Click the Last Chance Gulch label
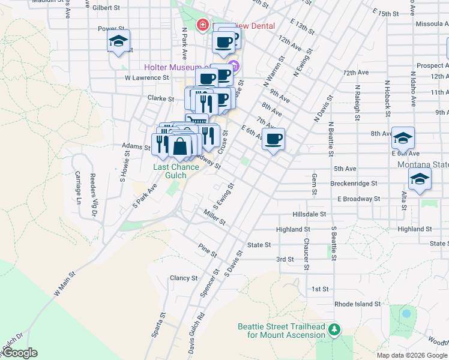176,167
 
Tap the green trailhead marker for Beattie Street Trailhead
335,329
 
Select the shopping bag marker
179,146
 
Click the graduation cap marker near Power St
118,41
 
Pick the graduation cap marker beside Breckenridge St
419,179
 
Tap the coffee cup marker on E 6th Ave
273,139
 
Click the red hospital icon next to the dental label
202,25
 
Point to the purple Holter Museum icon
234,65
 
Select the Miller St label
214,218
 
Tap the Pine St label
207,250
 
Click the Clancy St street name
183,278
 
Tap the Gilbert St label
106,7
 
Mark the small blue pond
406,313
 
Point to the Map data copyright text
412,355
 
